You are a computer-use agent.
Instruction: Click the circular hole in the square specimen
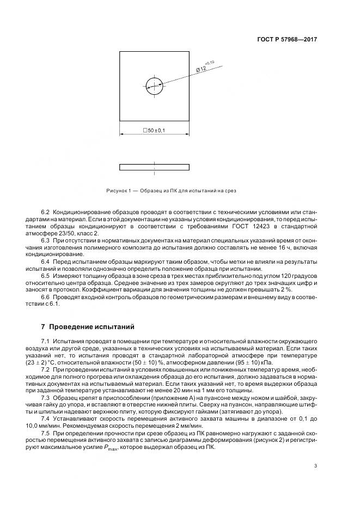point(154,85)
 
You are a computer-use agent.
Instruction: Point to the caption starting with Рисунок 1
point(171,191)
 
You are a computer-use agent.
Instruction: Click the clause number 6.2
point(45,211)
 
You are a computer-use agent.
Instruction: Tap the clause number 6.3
point(45,240)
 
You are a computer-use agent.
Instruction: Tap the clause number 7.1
point(45,341)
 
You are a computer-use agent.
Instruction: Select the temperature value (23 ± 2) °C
point(59,362)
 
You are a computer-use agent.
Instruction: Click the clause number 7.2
point(45,369)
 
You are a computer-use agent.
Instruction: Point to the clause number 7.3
point(45,399)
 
